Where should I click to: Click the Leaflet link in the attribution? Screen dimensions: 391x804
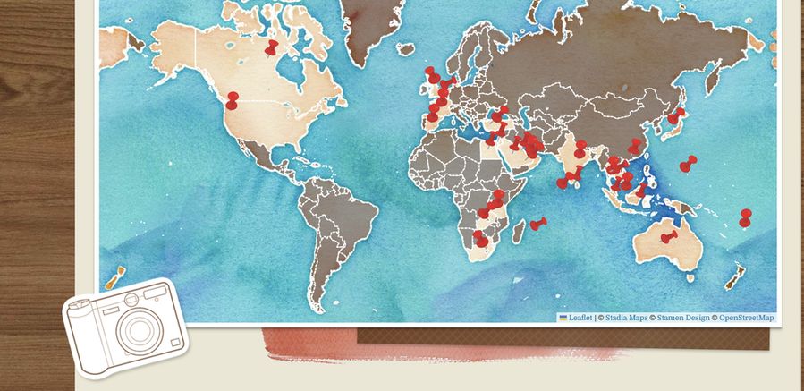point(580,318)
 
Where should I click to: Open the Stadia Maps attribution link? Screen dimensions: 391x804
point(625,318)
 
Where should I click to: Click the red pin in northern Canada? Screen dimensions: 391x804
point(272,46)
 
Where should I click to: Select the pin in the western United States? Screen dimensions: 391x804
point(233,100)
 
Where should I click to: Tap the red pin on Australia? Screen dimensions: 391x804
point(669,237)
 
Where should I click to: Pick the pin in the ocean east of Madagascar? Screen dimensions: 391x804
point(537,224)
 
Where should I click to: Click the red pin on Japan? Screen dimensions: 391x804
point(677,115)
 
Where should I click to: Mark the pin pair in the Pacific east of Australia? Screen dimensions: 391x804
point(745,218)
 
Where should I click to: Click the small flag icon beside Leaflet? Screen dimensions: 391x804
point(563,318)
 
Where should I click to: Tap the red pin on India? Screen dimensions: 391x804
point(577,173)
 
